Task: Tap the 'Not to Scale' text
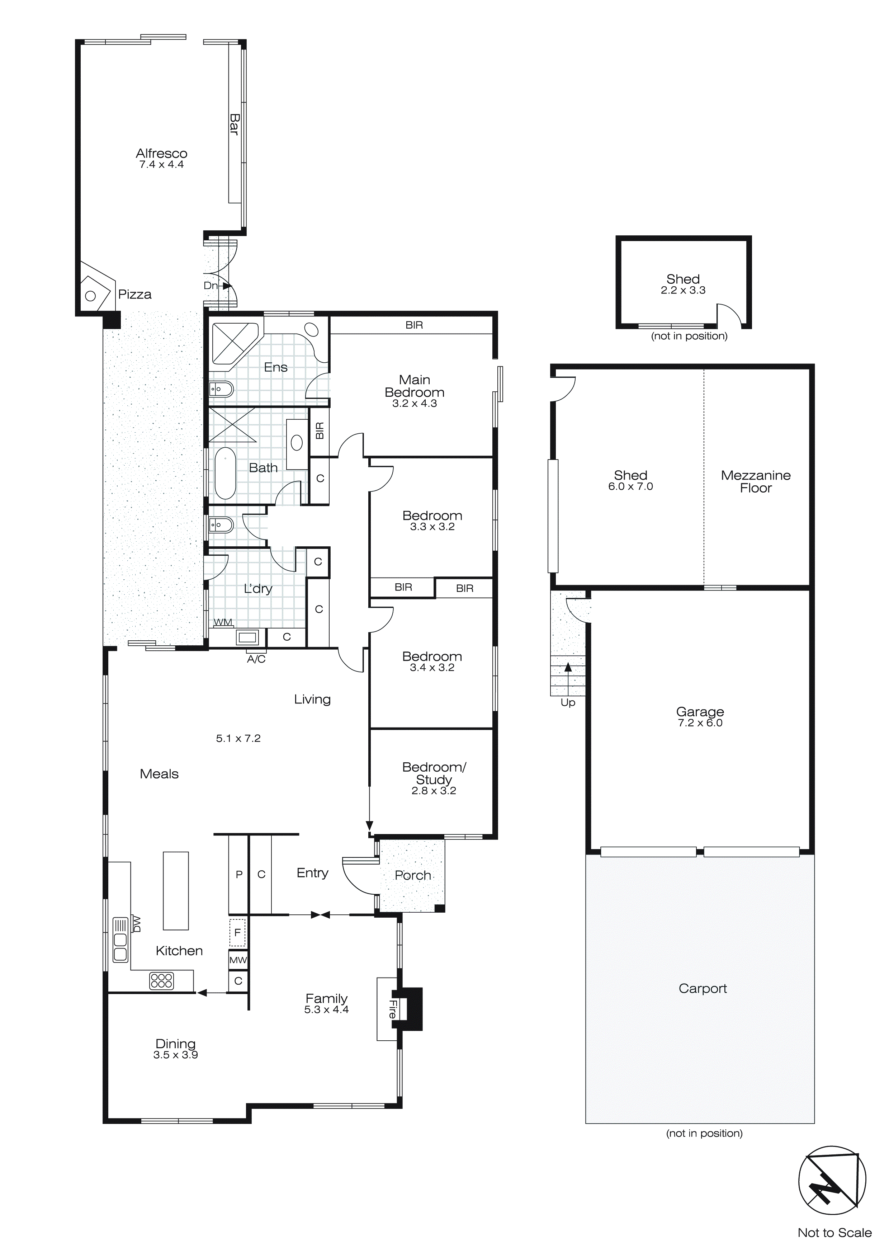[834, 1232]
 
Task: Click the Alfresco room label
[161, 154]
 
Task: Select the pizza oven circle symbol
[91, 296]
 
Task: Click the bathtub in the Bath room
[224, 474]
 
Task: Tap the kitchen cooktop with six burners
[161, 980]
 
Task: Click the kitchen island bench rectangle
[176, 891]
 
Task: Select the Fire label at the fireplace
[392, 1009]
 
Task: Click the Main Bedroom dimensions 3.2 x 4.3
[415, 404]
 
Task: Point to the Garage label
[700, 712]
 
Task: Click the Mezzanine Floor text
[756, 482]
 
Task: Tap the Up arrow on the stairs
[568, 667]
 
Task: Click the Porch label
[413, 875]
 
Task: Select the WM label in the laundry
[223, 622]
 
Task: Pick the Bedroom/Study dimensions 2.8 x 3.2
[434, 791]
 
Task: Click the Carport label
[702, 988]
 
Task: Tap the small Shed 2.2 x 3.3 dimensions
[683, 291]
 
